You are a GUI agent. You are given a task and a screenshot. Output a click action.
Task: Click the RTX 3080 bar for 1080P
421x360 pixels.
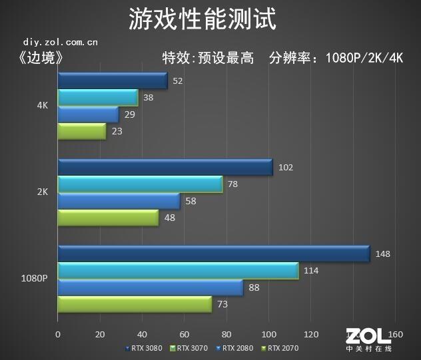click(213, 254)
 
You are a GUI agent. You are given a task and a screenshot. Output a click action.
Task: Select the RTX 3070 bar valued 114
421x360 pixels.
click(178, 271)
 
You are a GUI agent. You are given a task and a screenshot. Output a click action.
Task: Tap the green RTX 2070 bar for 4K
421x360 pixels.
click(82, 132)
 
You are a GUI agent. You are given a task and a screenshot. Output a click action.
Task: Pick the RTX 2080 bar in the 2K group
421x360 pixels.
click(119, 201)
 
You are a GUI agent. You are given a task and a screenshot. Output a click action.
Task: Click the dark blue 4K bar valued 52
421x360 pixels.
click(113, 81)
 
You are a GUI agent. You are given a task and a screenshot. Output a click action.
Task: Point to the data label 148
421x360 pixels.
click(382, 254)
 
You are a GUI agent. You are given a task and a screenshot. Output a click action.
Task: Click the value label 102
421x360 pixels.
click(285, 167)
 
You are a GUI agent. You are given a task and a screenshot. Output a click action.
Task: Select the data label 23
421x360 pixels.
click(116, 132)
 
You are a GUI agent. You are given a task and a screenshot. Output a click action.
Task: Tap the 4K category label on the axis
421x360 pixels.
click(42, 105)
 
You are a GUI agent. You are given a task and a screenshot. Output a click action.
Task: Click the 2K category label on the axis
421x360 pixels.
click(42, 192)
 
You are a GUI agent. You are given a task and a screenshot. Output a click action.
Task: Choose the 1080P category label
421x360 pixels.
click(34, 279)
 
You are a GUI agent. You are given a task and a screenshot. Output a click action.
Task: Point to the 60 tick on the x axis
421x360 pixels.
click(185, 334)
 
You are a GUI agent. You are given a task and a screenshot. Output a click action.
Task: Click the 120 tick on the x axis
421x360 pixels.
click(311, 334)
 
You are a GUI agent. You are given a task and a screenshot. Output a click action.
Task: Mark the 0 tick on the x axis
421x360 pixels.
click(58, 334)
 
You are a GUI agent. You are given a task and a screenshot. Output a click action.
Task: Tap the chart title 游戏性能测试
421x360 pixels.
click(202, 19)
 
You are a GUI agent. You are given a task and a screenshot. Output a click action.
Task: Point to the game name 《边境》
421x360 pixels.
click(42, 58)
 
